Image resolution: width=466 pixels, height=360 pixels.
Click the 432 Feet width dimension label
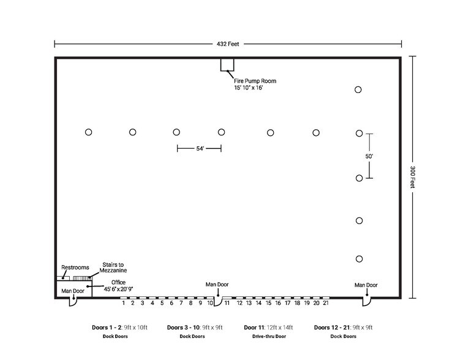click(x=228, y=44)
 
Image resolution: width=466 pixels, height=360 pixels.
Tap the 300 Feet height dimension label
click(x=413, y=177)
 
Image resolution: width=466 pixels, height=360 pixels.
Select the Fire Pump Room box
click(x=227, y=65)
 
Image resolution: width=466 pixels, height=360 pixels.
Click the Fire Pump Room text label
click(x=255, y=81)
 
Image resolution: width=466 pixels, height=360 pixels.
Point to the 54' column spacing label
click(x=200, y=149)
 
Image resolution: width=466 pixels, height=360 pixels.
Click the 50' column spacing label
click(x=369, y=156)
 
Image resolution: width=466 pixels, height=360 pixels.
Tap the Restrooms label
click(x=75, y=268)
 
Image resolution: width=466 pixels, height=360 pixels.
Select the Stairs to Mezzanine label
click(x=113, y=268)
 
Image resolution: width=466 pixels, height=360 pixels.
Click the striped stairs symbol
click(x=82, y=279)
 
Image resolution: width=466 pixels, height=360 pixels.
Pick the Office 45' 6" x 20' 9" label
click(x=118, y=285)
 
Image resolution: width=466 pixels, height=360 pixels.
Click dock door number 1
click(x=123, y=303)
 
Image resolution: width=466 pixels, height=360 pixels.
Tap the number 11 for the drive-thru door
click(x=227, y=303)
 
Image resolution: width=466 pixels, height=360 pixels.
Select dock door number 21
click(x=326, y=303)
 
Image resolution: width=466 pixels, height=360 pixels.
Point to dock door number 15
click(x=268, y=303)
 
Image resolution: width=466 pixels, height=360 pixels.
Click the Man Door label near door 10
click(x=217, y=284)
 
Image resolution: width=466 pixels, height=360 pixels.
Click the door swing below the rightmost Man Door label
click(x=367, y=302)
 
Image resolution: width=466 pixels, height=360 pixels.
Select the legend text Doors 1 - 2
click(x=107, y=328)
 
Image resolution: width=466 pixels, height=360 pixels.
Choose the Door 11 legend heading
click(x=254, y=328)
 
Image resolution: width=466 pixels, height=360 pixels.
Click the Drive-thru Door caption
click(x=269, y=336)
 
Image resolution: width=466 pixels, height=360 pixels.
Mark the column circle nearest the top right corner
click(x=358, y=89)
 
